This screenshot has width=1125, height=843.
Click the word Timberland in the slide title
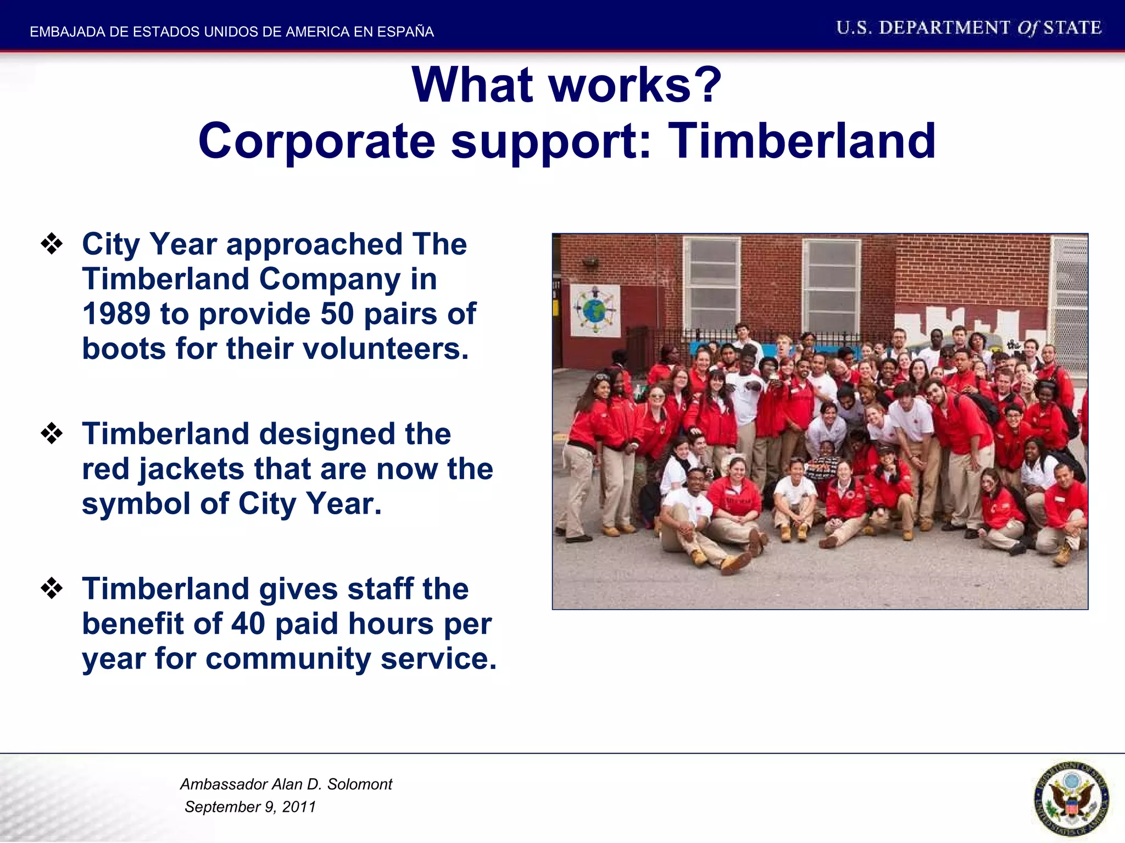click(x=802, y=142)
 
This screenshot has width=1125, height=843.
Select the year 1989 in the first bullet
click(x=116, y=314)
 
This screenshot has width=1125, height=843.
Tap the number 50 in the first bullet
click(x=337, y=314)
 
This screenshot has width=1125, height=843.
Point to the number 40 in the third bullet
click(x=248, y=624)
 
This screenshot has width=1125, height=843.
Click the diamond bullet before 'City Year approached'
click(x=52, y=244)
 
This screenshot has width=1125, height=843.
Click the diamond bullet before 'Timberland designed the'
click(x=52, y=434)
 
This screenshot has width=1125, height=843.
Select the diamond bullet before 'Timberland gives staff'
click(x=52, y=588)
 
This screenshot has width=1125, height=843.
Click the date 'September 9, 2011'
click(x=250, y=807)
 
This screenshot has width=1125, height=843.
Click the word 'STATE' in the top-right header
click(x=1072, y=28)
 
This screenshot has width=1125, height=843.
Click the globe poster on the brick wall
click(x=595, y=311)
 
